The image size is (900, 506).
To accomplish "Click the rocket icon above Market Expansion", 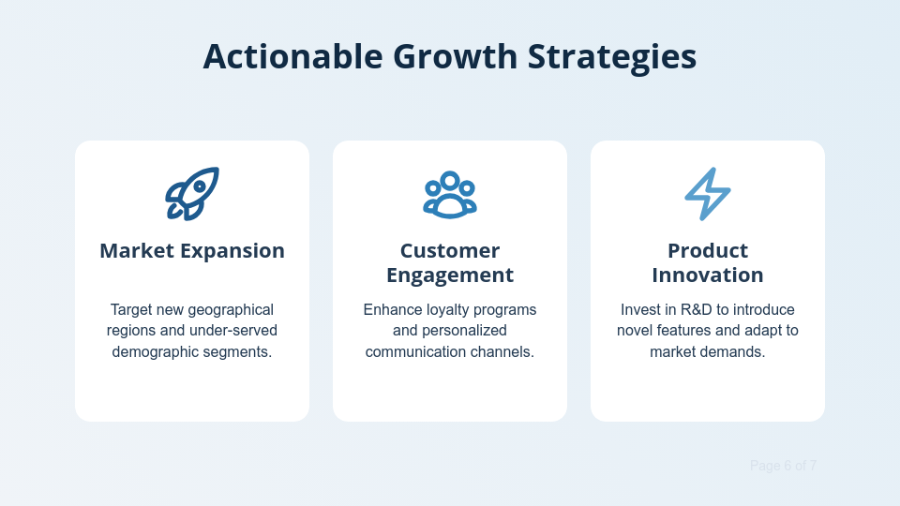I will point(192,194).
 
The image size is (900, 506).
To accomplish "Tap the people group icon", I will point(450,194).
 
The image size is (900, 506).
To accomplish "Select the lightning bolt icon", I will point(708,194).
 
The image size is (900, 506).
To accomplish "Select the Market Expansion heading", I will point(192,251).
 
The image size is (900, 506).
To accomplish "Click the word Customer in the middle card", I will point(450,251).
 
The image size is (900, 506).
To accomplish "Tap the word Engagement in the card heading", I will point(450,275).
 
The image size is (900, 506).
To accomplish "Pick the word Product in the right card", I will point(708,251).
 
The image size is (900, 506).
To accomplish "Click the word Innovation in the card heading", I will point(708,275).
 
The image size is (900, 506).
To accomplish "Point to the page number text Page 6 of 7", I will point(783,466).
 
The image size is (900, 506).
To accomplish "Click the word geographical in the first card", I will point(231,309).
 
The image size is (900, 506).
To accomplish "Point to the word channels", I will point(503,352).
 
